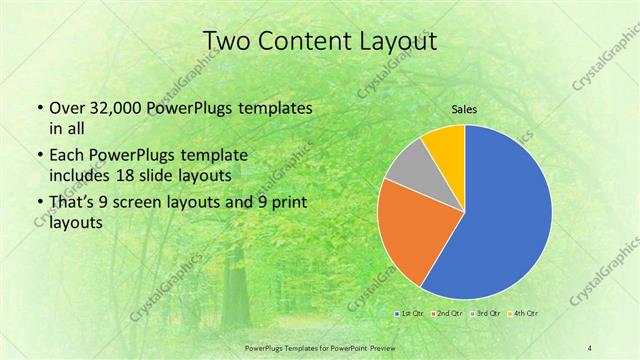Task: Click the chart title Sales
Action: point(464,110)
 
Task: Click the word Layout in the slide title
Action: point(396,41)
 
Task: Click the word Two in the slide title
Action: point(226,41)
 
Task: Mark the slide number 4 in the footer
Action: point(590,347)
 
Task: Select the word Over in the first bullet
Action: point(67,107)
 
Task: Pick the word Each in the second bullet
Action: point(66,155)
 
